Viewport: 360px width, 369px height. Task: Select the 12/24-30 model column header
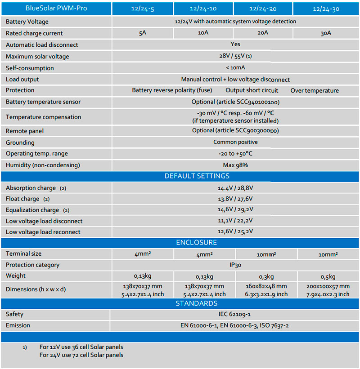[x=326, y=9]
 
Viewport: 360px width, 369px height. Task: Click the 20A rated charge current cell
[x=264, y=33]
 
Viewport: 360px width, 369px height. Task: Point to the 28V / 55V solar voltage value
[x=235, y=56]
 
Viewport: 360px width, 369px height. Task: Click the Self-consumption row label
[x=30, y=68]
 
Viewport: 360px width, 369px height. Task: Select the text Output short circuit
[x=252, y=90]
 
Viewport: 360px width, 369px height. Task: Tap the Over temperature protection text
[x=315, y=90]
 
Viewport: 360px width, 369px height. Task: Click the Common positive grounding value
[x=235, y=142]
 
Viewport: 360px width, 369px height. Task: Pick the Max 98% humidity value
[x=235, y=165]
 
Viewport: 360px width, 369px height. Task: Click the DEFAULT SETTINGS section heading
[x=197, y=176]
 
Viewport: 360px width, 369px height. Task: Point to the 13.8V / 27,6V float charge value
[x=235, y=199]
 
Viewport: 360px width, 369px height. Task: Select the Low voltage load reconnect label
[x=43, y=232]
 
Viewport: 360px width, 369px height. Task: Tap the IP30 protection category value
[x=235, y=265]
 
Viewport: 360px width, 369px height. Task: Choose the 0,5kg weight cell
[x=328, y=276]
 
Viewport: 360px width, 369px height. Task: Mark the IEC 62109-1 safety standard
[x=235, y=314]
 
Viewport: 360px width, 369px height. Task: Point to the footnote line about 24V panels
[x=81, y=355]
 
